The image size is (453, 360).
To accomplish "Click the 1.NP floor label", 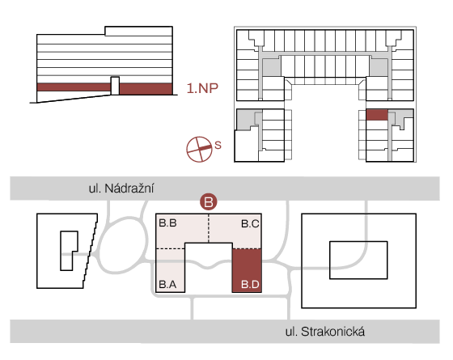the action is click(x=202, y=88).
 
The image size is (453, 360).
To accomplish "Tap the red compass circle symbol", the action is click(x=199, y=150).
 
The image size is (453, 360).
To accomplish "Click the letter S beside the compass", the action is click(x=218, y=145).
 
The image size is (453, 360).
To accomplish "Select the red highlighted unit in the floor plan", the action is click(x=377, y=115).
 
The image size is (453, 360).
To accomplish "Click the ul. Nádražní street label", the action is click(x=121, y=188).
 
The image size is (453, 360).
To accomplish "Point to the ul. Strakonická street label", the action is click(x=325, y=332).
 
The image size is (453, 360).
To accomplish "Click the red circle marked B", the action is click(x=209, y=201).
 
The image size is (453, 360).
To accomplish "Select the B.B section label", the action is click(x=168, y=223).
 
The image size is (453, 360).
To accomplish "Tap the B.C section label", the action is click(x=250, y=223).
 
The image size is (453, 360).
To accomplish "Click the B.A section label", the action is click(x=167, y=284).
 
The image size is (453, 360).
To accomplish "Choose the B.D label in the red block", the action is click(x=250, y=284).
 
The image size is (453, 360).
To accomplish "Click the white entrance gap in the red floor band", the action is click(x=115, y=86).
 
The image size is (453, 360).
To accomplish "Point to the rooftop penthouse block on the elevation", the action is click(x=138, y=31).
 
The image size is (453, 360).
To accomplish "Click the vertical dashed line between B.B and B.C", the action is click(x=209, y=228).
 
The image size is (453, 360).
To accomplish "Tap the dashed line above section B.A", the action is click(x=171, y=248).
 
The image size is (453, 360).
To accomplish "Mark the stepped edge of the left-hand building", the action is click(x=91, y=251).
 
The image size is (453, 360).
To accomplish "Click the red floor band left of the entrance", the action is click(x=74, y=87).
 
